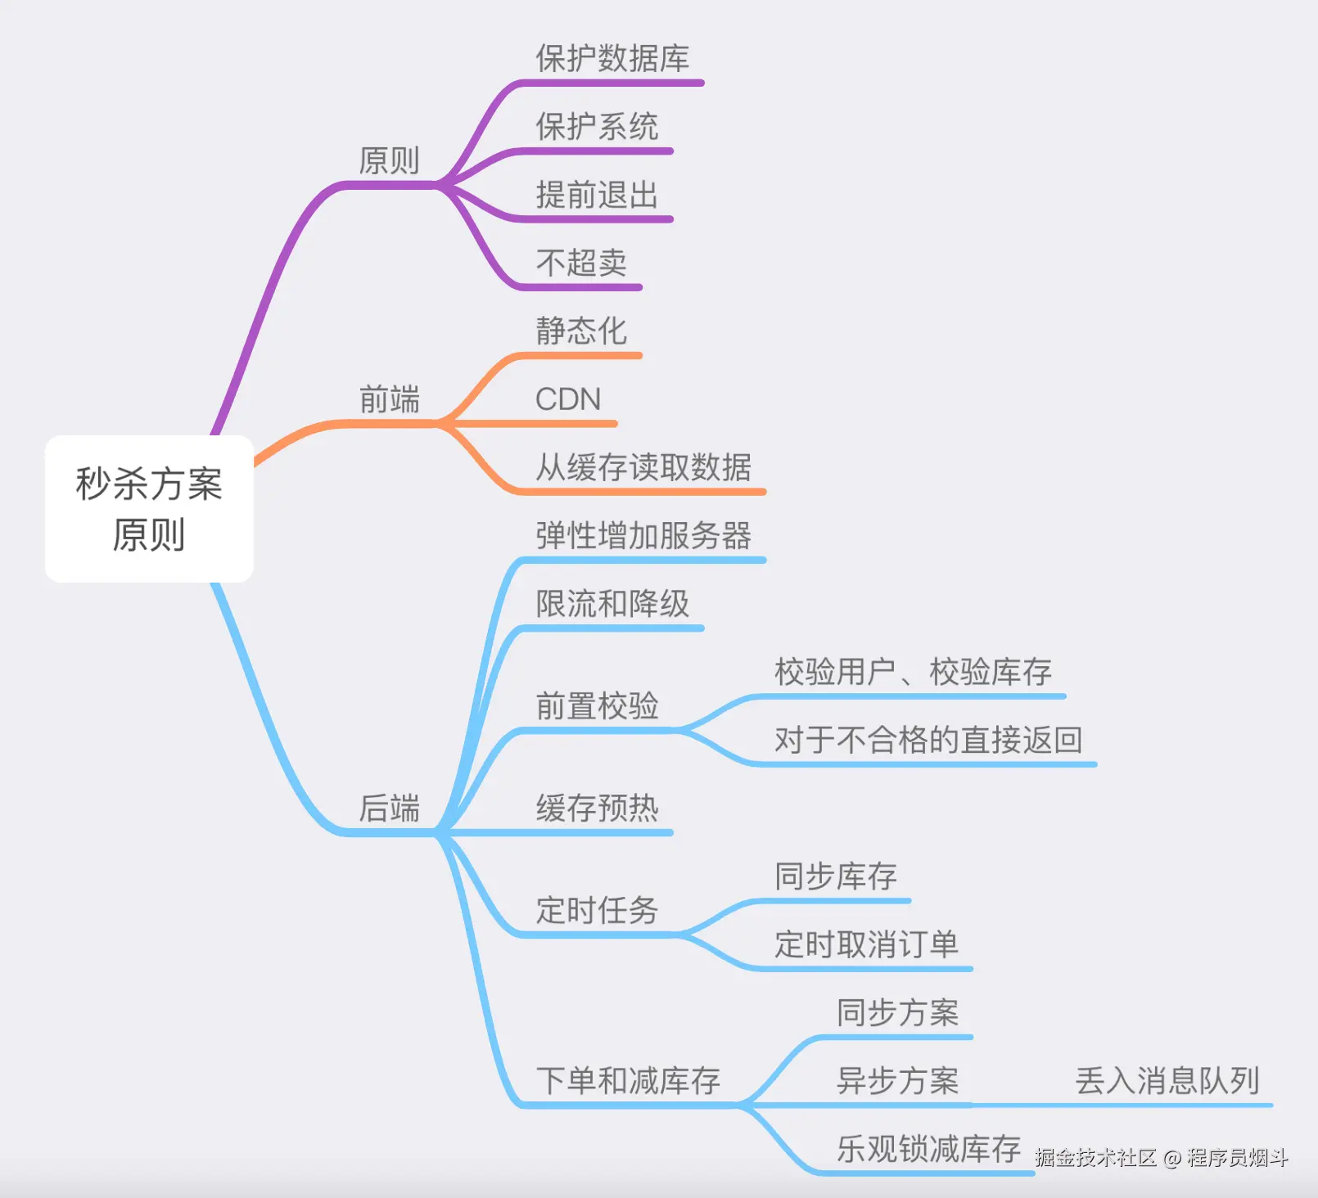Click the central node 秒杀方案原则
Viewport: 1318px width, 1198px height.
point(149,508)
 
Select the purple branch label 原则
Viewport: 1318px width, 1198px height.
point(389,160)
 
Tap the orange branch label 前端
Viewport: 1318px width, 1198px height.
point(389,399)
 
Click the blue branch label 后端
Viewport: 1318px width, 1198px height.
point(389,808)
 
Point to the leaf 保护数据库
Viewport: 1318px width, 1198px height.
point(612,59)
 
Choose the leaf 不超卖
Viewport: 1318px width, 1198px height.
point(581,263)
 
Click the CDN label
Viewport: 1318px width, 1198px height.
point(568,399)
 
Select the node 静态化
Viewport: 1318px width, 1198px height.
point(581,331)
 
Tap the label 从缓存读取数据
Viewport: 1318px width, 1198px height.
point(643,467)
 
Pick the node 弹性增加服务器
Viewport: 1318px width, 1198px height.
point(643,535)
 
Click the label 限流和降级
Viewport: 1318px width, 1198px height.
point(612,604)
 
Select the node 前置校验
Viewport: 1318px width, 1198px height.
point(597,705)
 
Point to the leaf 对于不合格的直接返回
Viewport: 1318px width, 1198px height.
point(928,740)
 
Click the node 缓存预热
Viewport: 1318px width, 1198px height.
point(597,808)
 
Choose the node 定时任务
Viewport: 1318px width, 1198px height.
point(597,910)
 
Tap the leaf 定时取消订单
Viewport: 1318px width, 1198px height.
point(866,944)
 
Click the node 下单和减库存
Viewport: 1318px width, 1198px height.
point(628,1080)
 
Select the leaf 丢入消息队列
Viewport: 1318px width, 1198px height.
point(1167,1080)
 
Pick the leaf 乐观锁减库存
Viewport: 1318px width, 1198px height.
point(928,1149)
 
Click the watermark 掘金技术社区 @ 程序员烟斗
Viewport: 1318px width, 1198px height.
point(1161,1157)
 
